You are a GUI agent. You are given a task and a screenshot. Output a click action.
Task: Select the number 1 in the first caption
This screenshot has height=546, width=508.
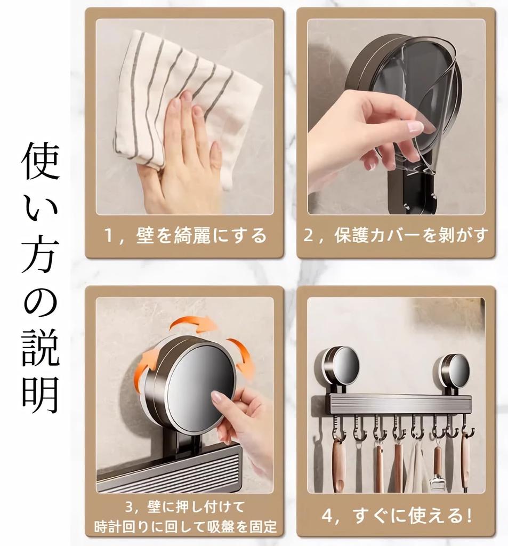109,236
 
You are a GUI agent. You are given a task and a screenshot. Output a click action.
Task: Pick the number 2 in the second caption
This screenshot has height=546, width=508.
309,236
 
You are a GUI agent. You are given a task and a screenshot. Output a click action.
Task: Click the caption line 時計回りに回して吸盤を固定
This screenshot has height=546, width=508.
186,527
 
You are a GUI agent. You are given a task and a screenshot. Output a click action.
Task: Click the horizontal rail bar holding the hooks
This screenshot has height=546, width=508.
400,404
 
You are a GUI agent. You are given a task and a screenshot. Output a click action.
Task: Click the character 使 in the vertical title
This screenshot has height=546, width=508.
41,162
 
